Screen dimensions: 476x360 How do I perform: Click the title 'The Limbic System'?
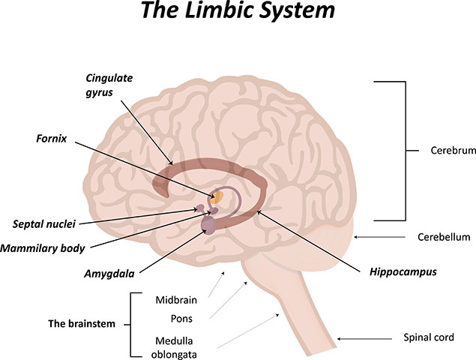point(238,10)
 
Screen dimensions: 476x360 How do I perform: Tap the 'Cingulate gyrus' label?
point(109,85)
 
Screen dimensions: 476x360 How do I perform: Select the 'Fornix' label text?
point(51,139)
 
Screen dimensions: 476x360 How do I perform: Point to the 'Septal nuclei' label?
point(43,224)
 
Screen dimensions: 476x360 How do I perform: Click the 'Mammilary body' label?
point(43,248)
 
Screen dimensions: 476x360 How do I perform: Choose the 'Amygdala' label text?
point(109,274)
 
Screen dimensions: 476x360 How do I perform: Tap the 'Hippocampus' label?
point(403,272)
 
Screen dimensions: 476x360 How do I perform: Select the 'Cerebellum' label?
point(444,237)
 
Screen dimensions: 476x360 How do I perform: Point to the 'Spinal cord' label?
point(429,337)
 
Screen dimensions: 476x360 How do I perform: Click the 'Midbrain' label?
point(176,300)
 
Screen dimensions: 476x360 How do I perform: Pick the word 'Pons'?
point(181,319)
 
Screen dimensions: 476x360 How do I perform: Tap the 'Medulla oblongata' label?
point(174,347)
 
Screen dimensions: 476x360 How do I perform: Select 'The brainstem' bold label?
point(82,324)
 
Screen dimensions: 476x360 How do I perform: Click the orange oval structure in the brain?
point(217,197)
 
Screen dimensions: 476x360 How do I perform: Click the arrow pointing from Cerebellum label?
point(380,237)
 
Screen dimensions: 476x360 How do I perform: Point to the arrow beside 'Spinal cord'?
point(364,339)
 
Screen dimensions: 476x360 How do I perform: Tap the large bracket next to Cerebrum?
point(406,151)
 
